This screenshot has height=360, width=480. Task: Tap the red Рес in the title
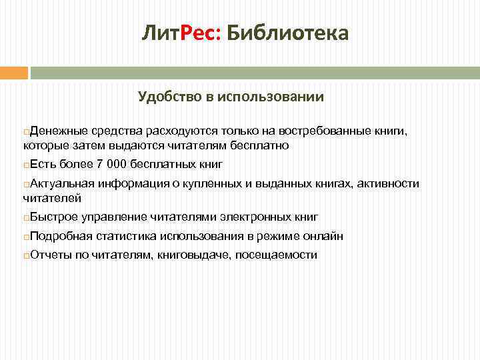pos(194,33)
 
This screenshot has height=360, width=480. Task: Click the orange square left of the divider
pos(14,73)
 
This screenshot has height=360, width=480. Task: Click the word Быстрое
pos(54,217)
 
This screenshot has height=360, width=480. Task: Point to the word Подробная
pos(61,236)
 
